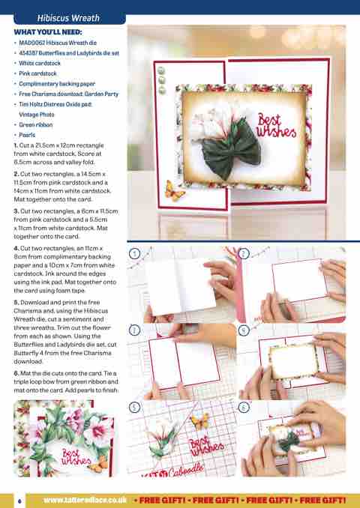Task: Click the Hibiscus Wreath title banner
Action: click(70, 18)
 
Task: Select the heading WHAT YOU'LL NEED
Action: click(48, 32)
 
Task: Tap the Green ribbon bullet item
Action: click(36, 124)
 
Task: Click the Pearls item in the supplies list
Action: click(27, 135)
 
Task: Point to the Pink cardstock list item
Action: click(37, 73)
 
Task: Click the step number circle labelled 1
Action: click(134, 253)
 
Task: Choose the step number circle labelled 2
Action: click(244, 253)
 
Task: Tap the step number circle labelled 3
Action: click(134, 330)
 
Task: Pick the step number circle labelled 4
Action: click(244, 330)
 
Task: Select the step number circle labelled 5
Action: click(134, 408)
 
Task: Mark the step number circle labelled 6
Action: click(244, 408)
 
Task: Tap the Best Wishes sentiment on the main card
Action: click(276, 126)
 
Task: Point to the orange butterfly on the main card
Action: click(175, 191)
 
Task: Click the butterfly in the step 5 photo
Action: click(200, 421)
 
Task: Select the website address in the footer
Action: click(85, 501)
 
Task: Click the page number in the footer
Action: click(19, 501)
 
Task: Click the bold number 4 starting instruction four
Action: click(16, 249)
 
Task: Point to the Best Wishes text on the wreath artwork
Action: click(76, 457)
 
